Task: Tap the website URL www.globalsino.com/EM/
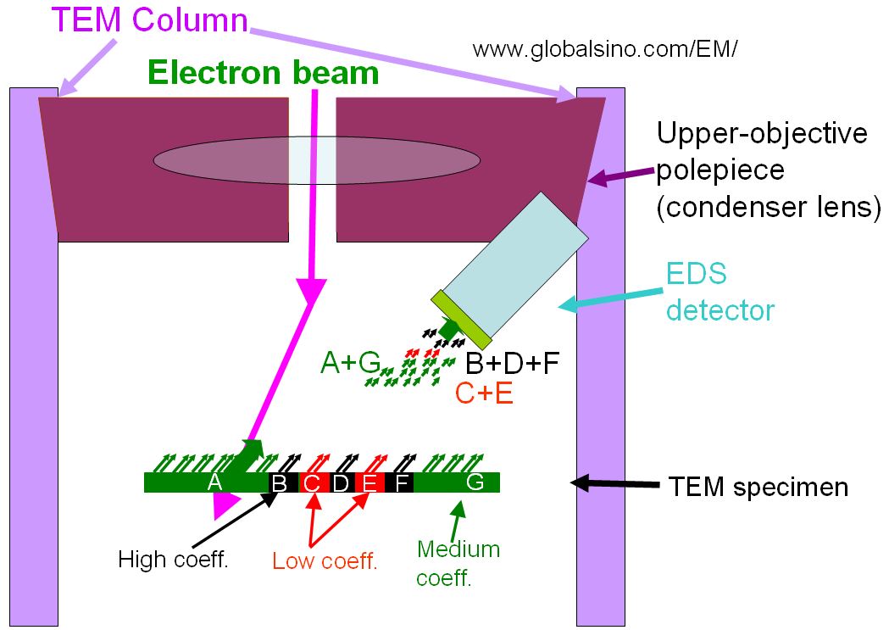tap(605, 48)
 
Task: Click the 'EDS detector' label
tap(720, 293)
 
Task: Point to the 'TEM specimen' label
tap(758, 488)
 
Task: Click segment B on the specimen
tap(278, 483)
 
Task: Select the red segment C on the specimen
tap(312, 483)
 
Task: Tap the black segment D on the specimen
tap(341, 483)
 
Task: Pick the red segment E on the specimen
tap(369, 483)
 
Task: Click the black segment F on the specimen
tap(402, 483)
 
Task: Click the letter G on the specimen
tap(475, 482)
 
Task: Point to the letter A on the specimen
tap(214, 482)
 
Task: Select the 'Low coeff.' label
tap(325, 560)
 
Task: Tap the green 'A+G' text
tap(349, 363)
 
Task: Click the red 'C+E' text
tap(484, 393)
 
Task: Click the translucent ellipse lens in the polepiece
tap(317, 159)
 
